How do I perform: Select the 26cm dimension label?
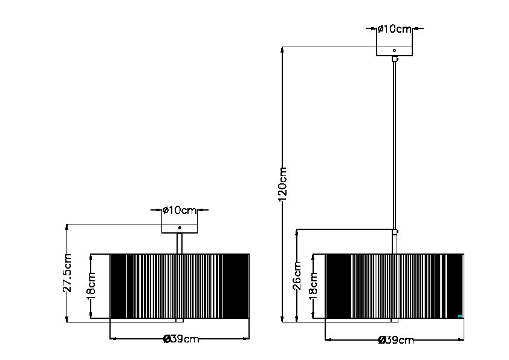coord(297,275)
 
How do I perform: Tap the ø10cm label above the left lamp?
coord(180,211)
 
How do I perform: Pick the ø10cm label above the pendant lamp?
coord(394,28)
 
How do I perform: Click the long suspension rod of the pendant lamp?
coord(394,145)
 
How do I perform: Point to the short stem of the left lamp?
coord(180,243)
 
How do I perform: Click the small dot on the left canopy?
coord(179,227)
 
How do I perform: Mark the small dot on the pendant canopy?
coord(394,50)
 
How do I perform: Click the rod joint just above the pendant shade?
coord(394,231)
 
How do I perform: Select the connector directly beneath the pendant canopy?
coord(394,59)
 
